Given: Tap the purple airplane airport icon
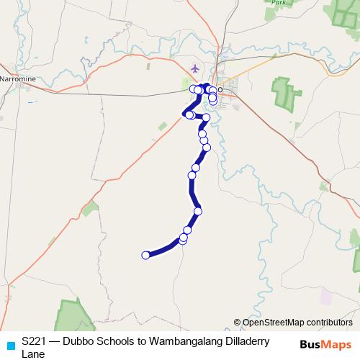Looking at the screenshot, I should tap(195, 68).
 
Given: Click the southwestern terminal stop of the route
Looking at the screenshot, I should tap(146, 255).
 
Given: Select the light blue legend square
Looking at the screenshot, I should tap(9, 346).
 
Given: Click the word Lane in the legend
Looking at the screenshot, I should tap(33, 354).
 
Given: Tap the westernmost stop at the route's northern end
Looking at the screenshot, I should tap(194, 89).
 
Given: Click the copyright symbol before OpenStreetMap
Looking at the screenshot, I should tap(238, 323).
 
